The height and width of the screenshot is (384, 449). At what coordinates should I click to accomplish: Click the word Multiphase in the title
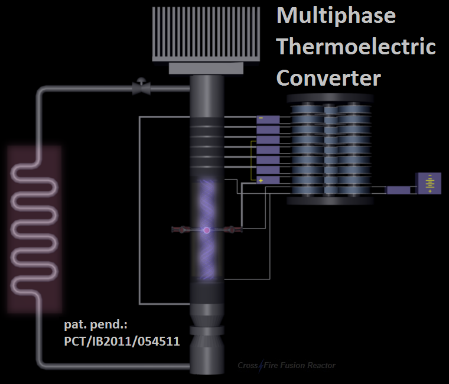336,15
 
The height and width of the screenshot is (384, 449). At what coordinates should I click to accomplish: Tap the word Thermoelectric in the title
356,46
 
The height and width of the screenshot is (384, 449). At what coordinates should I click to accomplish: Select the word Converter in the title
328,77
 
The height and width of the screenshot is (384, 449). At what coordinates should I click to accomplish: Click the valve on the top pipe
141,88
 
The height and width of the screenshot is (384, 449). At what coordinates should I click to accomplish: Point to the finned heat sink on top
206,32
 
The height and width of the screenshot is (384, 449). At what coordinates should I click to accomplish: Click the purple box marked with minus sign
268,119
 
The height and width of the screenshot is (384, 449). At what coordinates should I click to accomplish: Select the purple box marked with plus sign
268,180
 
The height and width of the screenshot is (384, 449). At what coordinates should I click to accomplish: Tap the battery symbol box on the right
429,184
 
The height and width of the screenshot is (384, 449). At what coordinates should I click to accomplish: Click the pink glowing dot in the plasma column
207,230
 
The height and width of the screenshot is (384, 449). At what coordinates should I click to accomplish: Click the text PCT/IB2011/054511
122,341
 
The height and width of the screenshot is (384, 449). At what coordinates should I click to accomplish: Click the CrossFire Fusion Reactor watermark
287,366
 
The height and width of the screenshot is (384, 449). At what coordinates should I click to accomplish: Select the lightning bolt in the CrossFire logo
259,366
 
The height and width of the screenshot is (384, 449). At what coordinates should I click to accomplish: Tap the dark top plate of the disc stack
330,98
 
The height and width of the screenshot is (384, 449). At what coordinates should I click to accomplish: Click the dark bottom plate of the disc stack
330,200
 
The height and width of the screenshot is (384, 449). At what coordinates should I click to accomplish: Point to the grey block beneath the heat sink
206,69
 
